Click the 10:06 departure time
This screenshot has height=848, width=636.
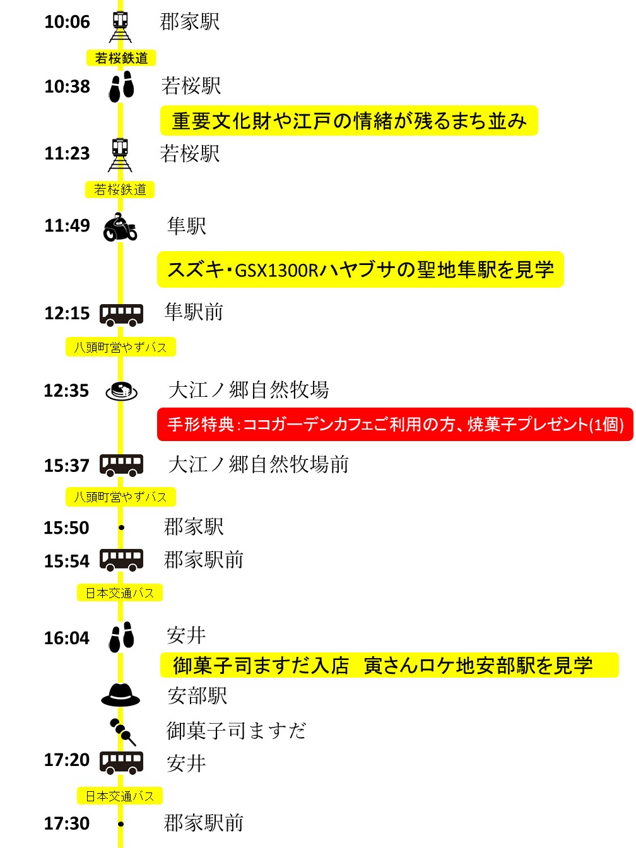pos(67,21)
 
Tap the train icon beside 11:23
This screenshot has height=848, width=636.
pos(120,155)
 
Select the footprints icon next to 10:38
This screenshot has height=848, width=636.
pos(121,86)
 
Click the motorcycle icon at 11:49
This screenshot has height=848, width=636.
pos(120,227)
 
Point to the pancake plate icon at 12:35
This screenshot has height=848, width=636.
pos(122,391)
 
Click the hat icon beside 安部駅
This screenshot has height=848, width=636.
pos(121,695)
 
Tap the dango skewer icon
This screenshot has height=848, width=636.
pos(123,732)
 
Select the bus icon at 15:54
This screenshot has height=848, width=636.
pos(121,560)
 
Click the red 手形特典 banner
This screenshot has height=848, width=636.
pos(395,424)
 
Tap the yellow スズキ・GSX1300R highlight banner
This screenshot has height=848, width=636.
pos(360,269)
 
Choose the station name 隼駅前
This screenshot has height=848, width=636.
pos(194,312)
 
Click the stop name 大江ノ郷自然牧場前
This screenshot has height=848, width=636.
pos(258,464)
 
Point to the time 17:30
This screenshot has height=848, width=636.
pos(67,823)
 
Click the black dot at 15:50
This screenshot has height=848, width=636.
pos(121,527)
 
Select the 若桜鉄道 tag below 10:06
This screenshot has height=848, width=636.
pos(121,58)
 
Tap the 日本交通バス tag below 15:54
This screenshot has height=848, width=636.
pos(120,592)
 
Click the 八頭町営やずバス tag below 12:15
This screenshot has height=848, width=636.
pos(121,347)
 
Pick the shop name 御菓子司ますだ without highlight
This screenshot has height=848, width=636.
pos(237,731)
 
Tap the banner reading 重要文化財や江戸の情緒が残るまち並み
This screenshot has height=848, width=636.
pos(349,121)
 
